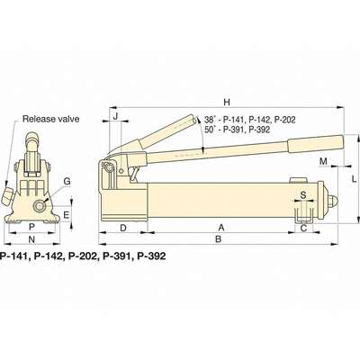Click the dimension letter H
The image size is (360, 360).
pos(227,103)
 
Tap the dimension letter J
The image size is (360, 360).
pos(116,116)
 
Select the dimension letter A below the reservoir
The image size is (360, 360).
pos(221,228)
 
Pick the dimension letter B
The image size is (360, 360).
pos(219,239)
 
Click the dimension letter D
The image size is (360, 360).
pos(123,228)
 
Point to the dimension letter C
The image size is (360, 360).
pos(303,228)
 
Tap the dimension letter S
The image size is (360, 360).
pos(303,195)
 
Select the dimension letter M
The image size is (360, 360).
pos(323,162)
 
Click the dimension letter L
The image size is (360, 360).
pos(354,179)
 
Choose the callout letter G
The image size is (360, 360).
pos(67,181)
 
